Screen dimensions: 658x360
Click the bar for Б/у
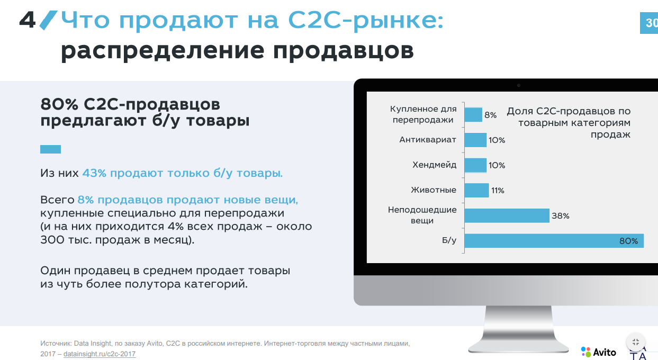[554, 241]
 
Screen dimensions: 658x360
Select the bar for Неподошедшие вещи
[507, 215]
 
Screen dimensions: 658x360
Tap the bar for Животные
[477, 191]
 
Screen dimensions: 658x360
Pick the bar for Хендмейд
[475, 165]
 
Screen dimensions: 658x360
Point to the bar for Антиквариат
[475, 140]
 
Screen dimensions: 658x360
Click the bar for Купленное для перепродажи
[473, 114]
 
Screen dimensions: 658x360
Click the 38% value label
[561, 216]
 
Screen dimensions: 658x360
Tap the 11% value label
[498, 191]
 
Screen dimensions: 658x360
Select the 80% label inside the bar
[629, 241]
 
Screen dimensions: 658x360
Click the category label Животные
[434, 190]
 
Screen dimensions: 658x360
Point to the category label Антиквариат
[428, 140]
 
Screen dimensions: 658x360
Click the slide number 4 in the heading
[28, 20]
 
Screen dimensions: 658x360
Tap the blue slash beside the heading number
[49, 20]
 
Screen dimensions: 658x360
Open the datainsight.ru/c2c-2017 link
[100, 354]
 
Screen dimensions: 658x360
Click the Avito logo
[598, 352]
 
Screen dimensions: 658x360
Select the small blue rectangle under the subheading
[50, 149]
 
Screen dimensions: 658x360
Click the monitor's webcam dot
[519, 86]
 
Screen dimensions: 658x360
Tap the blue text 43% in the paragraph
[94, 173]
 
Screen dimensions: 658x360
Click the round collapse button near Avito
[636, 342]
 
